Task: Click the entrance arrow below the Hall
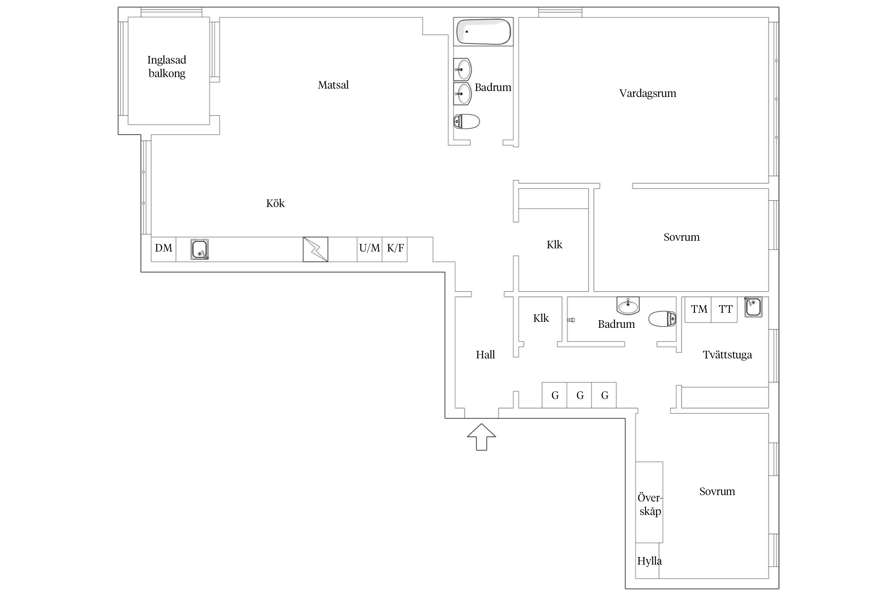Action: coord(481,437)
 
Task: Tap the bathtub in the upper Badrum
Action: coord(483,32)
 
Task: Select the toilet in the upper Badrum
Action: coord(466,122)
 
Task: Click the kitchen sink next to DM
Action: coord(199,250)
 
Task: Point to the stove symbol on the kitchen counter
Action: coord(315,250)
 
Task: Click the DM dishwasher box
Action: coord(163,250)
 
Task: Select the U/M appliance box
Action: coord(370,250)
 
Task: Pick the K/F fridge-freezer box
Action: coord(395,250)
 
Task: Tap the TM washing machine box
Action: coord(698,310)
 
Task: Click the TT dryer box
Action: coord(724,310)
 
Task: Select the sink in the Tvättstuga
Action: coord(753,307)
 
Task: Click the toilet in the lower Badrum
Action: coord(662,319)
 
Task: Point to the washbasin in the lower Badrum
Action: coord(628,306)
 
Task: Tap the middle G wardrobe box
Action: coord(579,395)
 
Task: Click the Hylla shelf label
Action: coord(649,561)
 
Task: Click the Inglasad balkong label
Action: coord(167,66)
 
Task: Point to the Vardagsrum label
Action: coord(648,94)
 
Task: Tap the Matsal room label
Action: coord(333,85)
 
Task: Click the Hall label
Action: coord(486,355)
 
